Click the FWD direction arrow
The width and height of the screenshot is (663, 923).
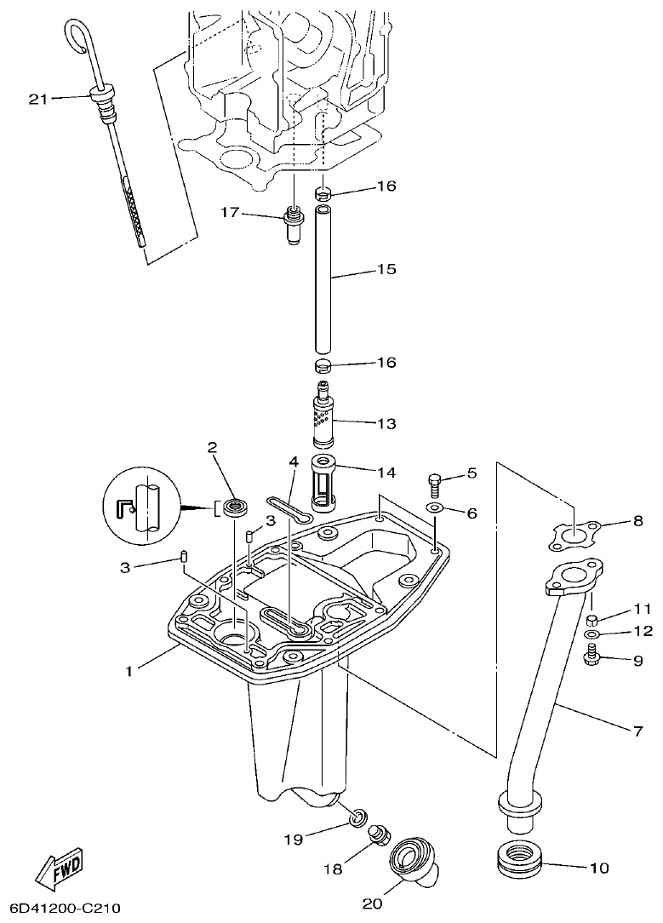[x=59, y=869]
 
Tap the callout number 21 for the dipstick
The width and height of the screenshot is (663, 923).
[x=37, y=99]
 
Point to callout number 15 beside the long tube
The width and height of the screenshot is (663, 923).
[x=386, y=269]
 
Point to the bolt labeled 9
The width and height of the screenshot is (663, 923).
[x=592, y=656]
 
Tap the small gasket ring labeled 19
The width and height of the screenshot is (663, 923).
[x=359, y=819]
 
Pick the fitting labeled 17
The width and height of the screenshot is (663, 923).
[x=293, y=223]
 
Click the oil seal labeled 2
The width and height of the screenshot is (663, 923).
[x=236, y=508]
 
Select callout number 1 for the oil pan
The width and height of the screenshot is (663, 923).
[x=129, y=671]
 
